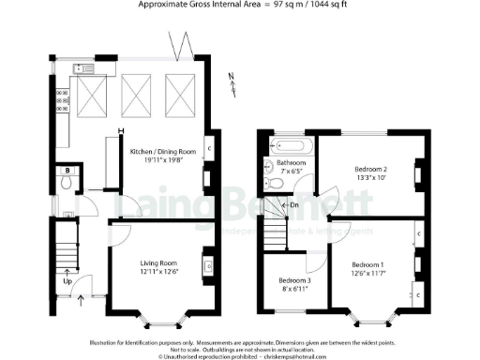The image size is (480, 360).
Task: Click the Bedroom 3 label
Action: [x=296, y=281]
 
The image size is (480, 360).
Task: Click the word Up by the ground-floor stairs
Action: [x=67, y=280]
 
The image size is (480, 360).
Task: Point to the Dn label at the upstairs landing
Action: [x=294, y=205]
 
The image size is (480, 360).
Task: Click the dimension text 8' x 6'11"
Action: [x=296, y=291]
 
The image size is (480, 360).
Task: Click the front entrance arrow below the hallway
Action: [x=82, y=299]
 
